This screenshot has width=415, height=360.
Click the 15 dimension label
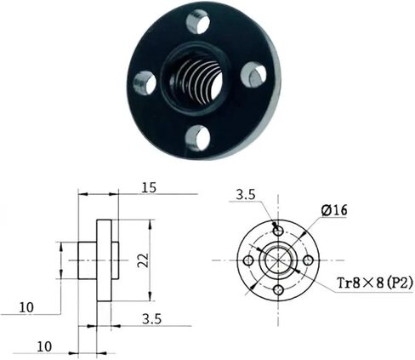[149, 187]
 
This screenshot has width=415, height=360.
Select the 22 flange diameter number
[144, 260]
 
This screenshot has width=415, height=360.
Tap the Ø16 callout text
[334, 210]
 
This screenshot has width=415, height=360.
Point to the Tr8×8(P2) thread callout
[374, 283]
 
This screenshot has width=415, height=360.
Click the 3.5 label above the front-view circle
[246, 195]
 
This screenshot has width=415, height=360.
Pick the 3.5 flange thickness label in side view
[152, 319]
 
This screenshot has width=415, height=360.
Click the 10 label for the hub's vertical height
[26, 307]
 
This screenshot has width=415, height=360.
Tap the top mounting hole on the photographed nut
[198, 22]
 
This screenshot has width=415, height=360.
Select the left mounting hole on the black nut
[145, 83]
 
